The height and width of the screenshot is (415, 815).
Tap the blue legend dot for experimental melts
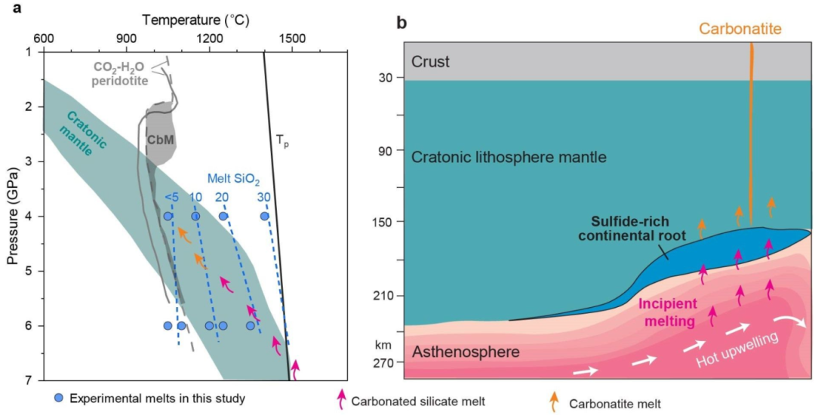[x=57, y=397]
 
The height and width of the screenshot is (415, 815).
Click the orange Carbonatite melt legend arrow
[x=555, y=401]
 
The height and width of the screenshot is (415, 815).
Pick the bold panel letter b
[x=402, y=23]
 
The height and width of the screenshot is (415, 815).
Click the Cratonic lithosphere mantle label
[x=510, y=157]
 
